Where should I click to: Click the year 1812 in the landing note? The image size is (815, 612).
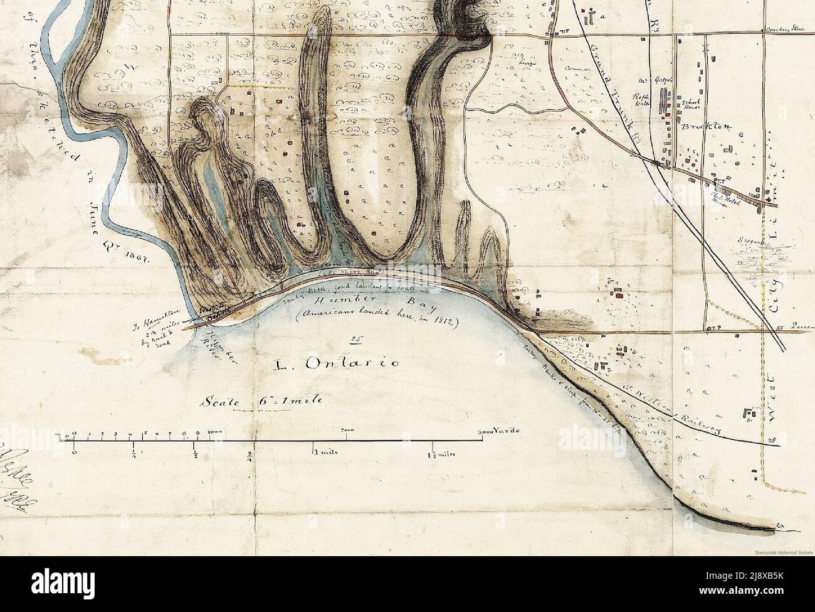point(445,323)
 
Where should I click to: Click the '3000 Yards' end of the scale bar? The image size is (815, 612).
point(498,432)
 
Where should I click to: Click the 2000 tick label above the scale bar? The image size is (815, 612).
point(347,429)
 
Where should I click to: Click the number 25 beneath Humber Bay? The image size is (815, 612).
point(354,340)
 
